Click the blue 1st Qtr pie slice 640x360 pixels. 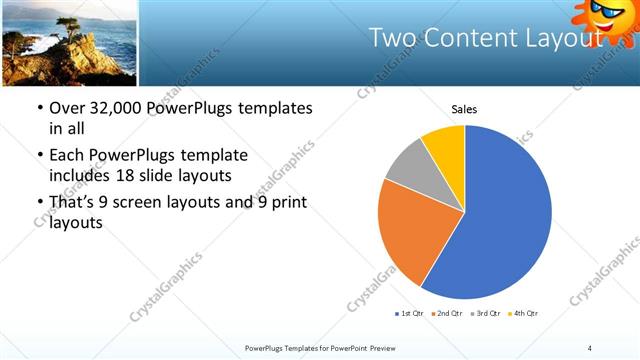500,220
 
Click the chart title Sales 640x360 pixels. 464,109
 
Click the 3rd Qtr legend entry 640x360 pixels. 484,315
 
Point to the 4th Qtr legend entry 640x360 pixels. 523,315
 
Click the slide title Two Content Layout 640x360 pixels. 486,38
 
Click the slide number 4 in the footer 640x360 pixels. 590,347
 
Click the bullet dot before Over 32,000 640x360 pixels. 38,109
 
